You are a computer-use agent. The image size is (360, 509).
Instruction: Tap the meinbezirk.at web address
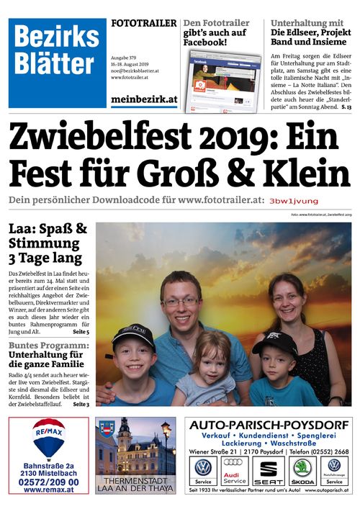(x=143, y=100)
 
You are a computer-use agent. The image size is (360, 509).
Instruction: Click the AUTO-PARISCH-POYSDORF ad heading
(x=267, y=425)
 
